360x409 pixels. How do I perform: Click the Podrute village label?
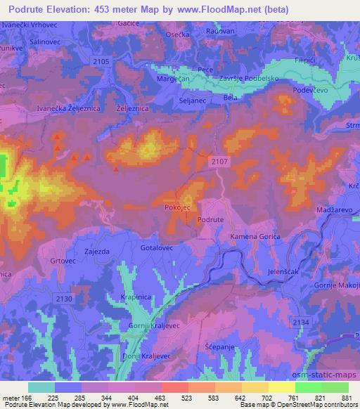click(x=210, y=220)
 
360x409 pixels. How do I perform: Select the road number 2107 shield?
click(x=220, y=162)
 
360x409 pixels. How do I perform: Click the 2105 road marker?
click(x=101, y=63)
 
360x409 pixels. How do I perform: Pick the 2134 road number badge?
click(x=300, y=321)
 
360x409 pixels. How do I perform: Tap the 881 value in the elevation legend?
click(x=346, y=398)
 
